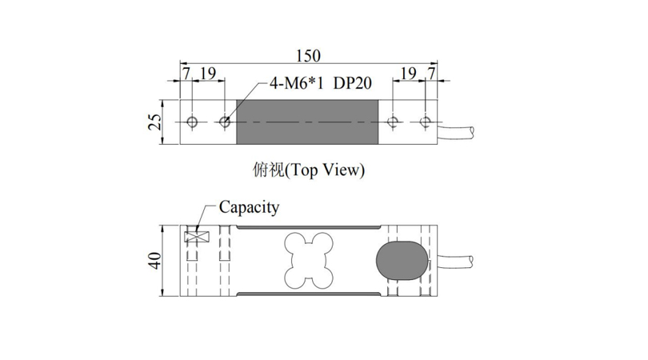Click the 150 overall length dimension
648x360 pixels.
pyautogui.click(x=308, y=56)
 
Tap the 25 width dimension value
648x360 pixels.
pyautogui.click(x=155, y=122)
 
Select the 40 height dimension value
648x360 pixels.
pyautogui.click(x=155, y=260)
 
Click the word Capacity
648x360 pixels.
pyautogui.click(x=249, y=207)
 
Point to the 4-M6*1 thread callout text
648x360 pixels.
pyautogui.click(x=296, y=83)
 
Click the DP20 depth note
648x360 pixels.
pyautogui.click(x=353, y=83)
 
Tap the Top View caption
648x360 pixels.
pyautogui.click(x=309, y=170)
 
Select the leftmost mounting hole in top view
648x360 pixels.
pyautogui.click(x=192, y=122)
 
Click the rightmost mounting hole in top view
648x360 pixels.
pyautogui.click(x=425, y=122)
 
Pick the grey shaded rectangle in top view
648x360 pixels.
pyautogui.click(x=307, y=122)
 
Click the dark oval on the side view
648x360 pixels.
pyautogui.click(x=402, y=260)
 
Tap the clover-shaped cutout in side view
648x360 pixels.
pyautogui.click(x=308, y=260)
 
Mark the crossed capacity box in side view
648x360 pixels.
pyautogui.click(x=197, y=238)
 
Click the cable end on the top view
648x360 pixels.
pyautogui.click(x=471, y=132)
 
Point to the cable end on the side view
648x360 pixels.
pyautogui.click(x=471, y=260)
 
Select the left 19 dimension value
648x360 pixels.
pyautogui.click(x=208, y=74)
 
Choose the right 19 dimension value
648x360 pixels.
pyautogui.click(x=409, y=74)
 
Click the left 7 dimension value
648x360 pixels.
pyautogui.click(x=186, y=74)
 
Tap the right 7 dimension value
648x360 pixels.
pyautogui.click(x=431, y=74)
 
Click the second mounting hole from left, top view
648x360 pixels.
pyautogui.click(x=225, y=122)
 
